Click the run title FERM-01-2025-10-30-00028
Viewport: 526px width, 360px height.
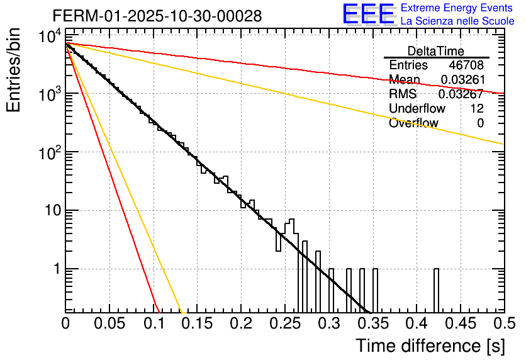pyautogui.click(x=157, y=16)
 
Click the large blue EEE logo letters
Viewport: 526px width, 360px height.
pyautogui.click(x=368, y=15)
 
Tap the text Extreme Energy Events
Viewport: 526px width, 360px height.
pyautogui.click(x=457, y=8)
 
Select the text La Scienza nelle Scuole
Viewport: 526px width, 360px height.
pyautogui.click(x=457, y=21)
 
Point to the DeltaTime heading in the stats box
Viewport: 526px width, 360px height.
pyautogui.click(x=436, y=51)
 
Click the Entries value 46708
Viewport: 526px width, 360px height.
pyautogui.click(x=466, y=65)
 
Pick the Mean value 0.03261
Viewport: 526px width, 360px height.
pyautogui.click(x=462, y=79)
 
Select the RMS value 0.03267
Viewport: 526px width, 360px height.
pyautogui.click(x=462, y=94)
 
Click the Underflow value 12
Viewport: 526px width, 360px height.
pyautogui.click(x=476, y=108)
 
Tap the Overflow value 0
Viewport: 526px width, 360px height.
pyautogui.click(x=480, y=123)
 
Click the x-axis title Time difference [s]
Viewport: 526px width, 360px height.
pyautogui.click(x=429, y=346)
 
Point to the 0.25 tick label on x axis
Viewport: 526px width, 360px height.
pyautogui.click(x=285, y=323)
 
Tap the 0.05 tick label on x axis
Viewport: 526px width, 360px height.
pyautogui.click(x=109, y=323)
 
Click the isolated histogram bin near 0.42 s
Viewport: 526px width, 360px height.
pyautogui.click(x=436, y=290)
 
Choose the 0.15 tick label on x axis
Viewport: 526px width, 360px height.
pyautogui.click(x=198, y=323)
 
